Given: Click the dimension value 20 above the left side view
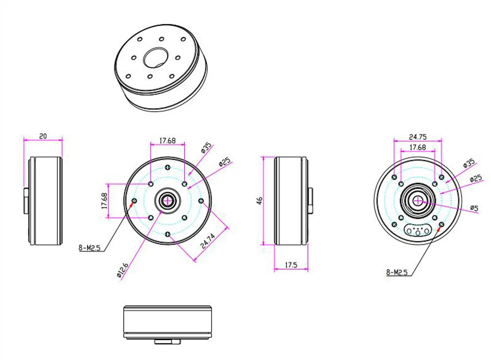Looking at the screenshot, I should pos(43,136).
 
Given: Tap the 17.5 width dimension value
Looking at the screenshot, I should pos(291,265).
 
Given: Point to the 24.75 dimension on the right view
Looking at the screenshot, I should pos(417,136).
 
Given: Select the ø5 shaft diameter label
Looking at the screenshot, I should pos(474,208).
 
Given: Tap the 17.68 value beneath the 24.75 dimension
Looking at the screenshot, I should pos(417,147).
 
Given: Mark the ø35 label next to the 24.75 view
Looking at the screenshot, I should pos(469,163).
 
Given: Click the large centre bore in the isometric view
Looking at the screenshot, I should pos(156,58).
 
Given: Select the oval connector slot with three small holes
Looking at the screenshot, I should pos(418,230).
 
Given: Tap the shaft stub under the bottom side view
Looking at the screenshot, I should pos(167,342).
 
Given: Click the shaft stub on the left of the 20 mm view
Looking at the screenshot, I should pos(26,201).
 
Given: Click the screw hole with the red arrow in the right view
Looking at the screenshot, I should pos(442,226).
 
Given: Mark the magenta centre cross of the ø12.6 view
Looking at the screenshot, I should pos(167,201).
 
